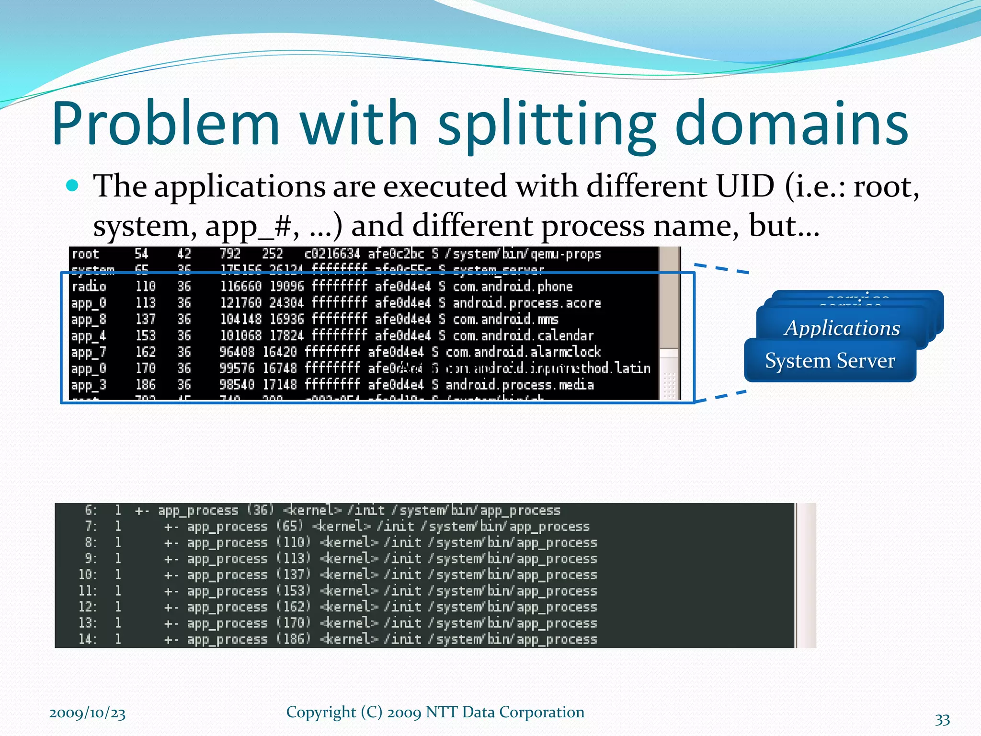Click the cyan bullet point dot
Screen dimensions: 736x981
tap(72, 185)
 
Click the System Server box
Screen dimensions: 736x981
tap(830, 361)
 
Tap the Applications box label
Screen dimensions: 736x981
tap(842, 328)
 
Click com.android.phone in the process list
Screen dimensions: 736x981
tap(513, 287)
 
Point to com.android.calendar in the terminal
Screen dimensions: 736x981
tap(523, 335)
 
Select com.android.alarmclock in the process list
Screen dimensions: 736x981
tap(523, 352)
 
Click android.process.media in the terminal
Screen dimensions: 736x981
tap(520, 385)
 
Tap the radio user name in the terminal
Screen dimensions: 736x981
tap(89, 287)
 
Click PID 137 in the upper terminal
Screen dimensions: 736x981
tap(146, 319)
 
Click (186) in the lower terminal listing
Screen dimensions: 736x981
tap(294, 639)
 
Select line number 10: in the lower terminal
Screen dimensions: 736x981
tap(88, 575)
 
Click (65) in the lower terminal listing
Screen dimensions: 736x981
tap(290, 526)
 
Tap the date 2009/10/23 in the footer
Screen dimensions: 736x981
tap(87, 713)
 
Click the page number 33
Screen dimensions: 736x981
tap(942, 720)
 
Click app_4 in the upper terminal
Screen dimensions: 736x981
tap(89, 335)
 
